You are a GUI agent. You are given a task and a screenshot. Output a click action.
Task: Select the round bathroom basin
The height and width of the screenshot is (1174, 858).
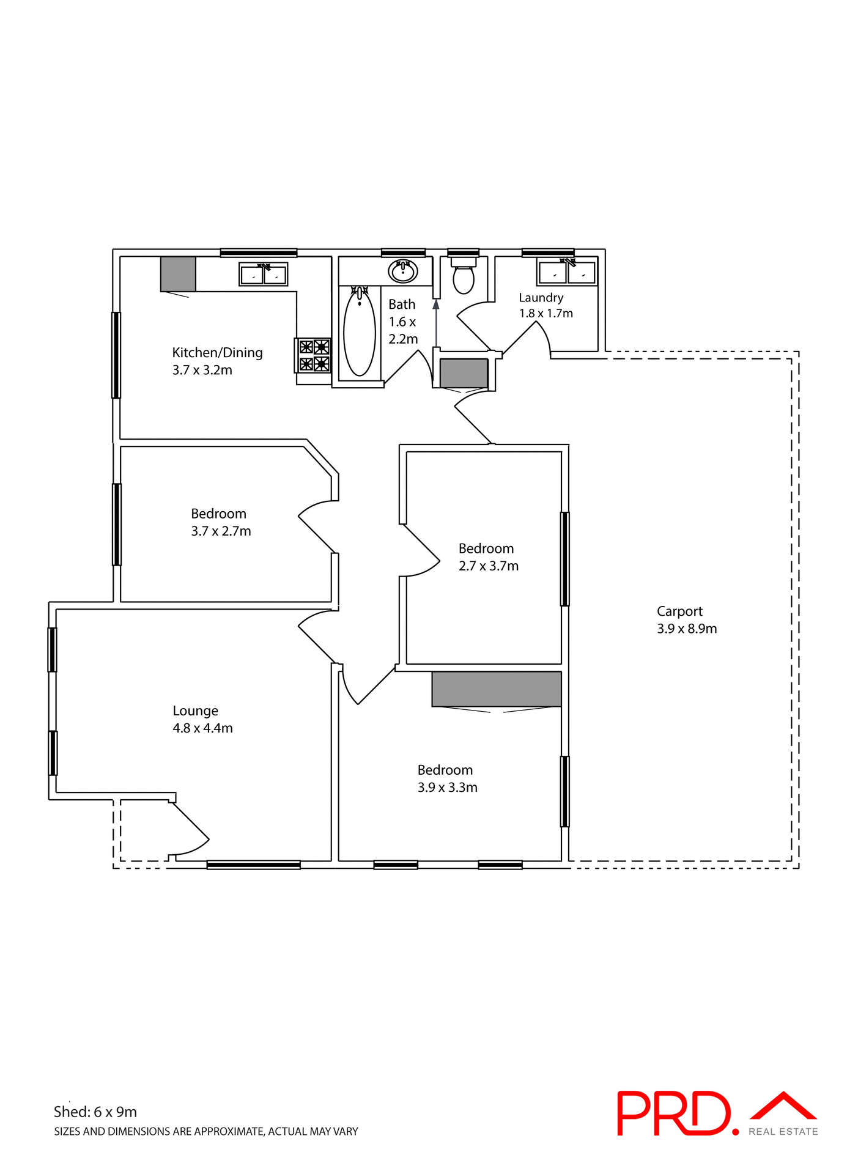tap(402, 271)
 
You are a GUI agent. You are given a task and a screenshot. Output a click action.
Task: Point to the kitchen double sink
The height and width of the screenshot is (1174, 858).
tap(264, 275)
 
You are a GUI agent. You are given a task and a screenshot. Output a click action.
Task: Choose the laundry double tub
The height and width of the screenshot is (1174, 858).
tap(567, 272)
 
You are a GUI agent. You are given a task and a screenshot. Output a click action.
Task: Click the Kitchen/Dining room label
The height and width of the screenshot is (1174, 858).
tap(217, 361)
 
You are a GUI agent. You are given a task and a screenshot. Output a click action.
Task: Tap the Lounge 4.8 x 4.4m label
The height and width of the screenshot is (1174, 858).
tap(202, 719)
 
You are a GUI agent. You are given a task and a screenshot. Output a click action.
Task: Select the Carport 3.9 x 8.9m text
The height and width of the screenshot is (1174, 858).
tap(686, 619)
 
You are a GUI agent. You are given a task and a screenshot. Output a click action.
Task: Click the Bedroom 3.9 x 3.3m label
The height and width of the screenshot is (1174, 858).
tap(447, 778)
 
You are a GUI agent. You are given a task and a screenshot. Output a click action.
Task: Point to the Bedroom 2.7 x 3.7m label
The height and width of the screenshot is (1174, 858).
tap(488, 557)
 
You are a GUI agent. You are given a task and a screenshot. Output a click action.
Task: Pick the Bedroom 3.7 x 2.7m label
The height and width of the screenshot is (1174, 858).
tap(220, 522)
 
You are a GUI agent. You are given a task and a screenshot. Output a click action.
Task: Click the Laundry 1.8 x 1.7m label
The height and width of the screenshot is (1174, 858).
tap(545, 305)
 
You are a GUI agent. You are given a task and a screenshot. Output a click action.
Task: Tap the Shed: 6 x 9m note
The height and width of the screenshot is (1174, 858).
tap(95, 1112)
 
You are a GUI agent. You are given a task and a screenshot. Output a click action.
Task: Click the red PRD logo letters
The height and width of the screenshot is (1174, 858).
tap(673, 1113)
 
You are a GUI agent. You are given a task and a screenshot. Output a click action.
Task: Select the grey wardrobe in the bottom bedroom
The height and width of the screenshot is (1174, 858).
tap(496, 689)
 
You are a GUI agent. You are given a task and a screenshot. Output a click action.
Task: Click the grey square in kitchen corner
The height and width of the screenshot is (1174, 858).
tap(178, 273)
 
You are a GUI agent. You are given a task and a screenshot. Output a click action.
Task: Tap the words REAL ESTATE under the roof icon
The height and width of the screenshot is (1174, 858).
tap(783, 1132)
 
